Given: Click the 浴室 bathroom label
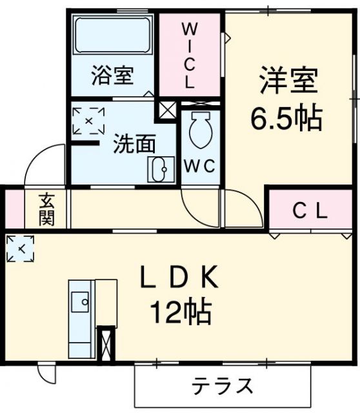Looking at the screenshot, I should [112, 76].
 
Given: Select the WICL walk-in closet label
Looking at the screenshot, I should [190, 55].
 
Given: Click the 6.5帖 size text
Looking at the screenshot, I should [286, 117].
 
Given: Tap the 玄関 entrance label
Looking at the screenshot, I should [46, 208].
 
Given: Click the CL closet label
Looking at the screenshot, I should [311, 210].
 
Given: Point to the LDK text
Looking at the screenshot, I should [181, 278].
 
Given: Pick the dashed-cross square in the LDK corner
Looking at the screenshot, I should [21, 248].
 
